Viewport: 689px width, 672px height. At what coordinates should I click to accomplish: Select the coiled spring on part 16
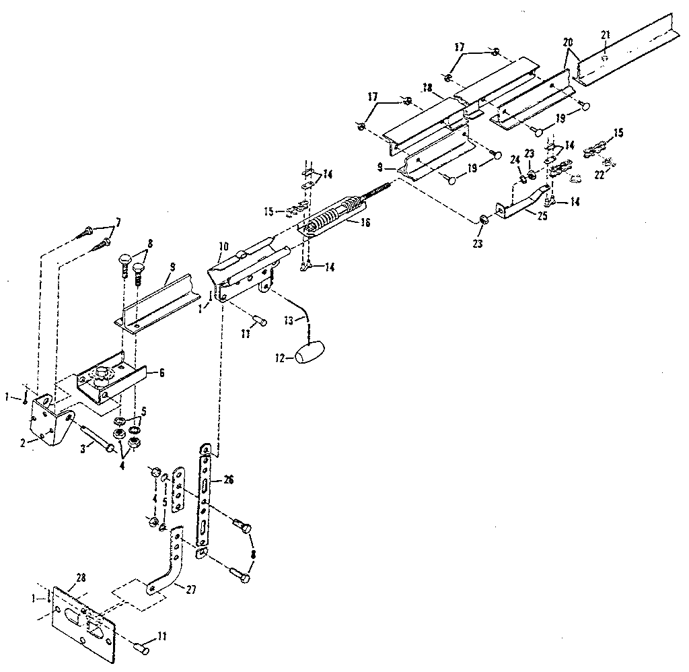[329, 217]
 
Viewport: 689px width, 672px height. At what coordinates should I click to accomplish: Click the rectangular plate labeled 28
[85, 615]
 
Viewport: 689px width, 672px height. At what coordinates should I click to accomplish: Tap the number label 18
[426, 89]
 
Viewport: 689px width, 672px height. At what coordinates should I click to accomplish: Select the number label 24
[515, 160]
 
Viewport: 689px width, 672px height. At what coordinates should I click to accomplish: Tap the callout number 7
[118, 223]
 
